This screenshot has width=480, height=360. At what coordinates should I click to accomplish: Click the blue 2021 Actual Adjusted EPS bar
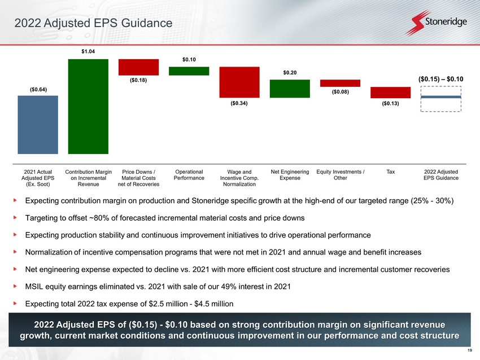(x=38, y=125)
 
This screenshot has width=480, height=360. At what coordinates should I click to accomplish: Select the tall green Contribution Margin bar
(x=88, y=107)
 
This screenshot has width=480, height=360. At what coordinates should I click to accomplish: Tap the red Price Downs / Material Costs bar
(x=139, y=67)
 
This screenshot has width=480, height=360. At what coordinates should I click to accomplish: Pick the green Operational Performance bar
(x=189, y=71)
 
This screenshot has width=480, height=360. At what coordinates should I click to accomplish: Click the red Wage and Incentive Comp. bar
(x=239, y=82)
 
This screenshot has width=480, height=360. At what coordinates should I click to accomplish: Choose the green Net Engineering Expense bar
(x=290, y=89)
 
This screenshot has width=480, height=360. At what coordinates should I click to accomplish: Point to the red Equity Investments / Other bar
(x=340, y=83)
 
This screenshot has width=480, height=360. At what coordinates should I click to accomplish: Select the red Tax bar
(x=390, y=93)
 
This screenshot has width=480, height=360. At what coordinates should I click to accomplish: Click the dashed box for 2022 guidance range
(x=441, y=86)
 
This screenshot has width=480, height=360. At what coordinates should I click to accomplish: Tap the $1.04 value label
(x=88, y=51)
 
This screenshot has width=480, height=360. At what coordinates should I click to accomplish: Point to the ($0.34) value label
(x=239, y=103)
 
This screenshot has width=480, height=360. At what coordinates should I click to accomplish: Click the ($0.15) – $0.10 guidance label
(x=441, y=79)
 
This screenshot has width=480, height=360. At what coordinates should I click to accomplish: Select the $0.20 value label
(x=290, y=72)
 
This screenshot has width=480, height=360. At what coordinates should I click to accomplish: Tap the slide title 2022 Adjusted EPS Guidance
(x=93, y=23)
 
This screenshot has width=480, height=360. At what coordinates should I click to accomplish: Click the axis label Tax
(x=391, y=172)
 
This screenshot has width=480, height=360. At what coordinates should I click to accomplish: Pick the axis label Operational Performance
(x=189, y=175)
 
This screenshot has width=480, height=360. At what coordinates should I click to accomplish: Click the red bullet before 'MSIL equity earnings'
(x=15, y=286)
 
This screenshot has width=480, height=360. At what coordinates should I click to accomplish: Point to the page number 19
(x=470, y=350)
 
